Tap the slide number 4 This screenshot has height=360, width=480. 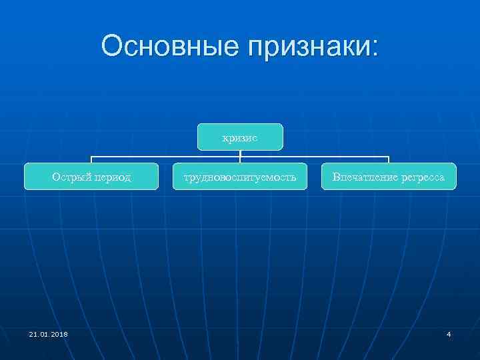(449, 334)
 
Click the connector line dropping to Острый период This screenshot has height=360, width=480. (91, 159)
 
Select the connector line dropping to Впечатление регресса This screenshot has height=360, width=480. (389, 159)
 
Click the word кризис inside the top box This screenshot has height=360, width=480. (240, 137)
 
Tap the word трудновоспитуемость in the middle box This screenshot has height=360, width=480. (240, 177)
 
